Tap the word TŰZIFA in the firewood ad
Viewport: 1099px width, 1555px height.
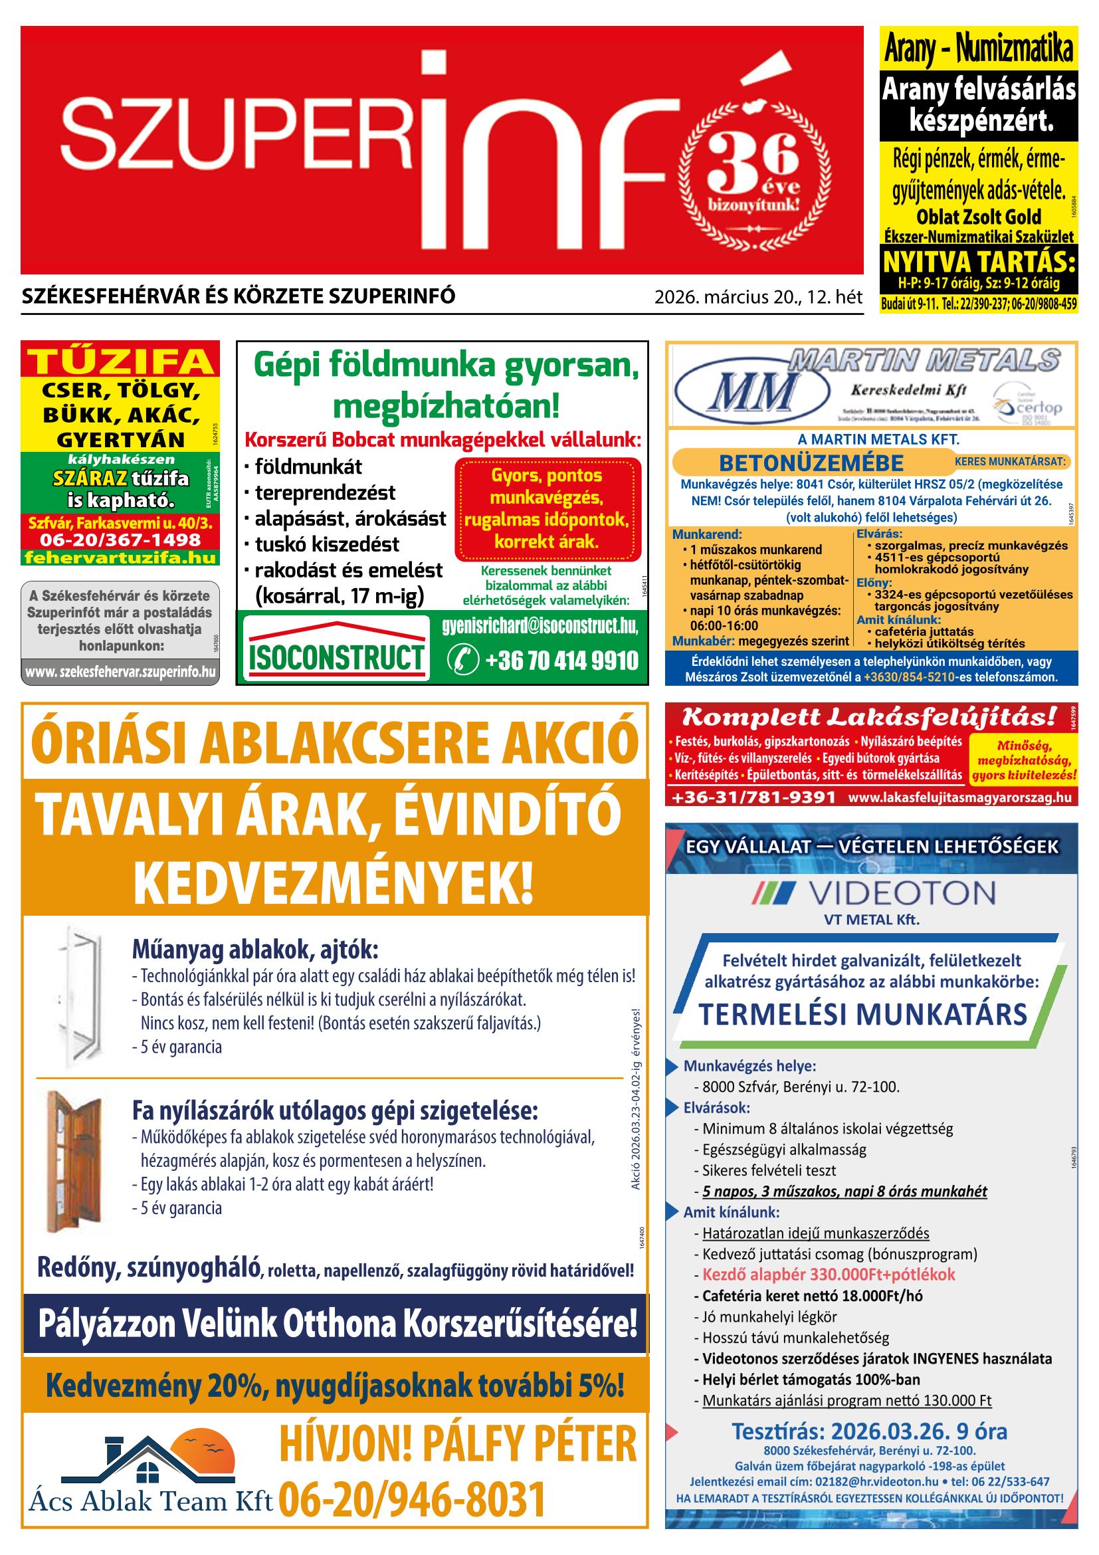(x=120, y=362)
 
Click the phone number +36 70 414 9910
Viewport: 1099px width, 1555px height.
(x=543, y=659)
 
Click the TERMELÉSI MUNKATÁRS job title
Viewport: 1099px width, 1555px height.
(x=862, y=1014)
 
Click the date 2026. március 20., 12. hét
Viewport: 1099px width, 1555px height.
(x=757, y=296)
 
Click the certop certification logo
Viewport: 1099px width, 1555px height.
(x=1028, y=404)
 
